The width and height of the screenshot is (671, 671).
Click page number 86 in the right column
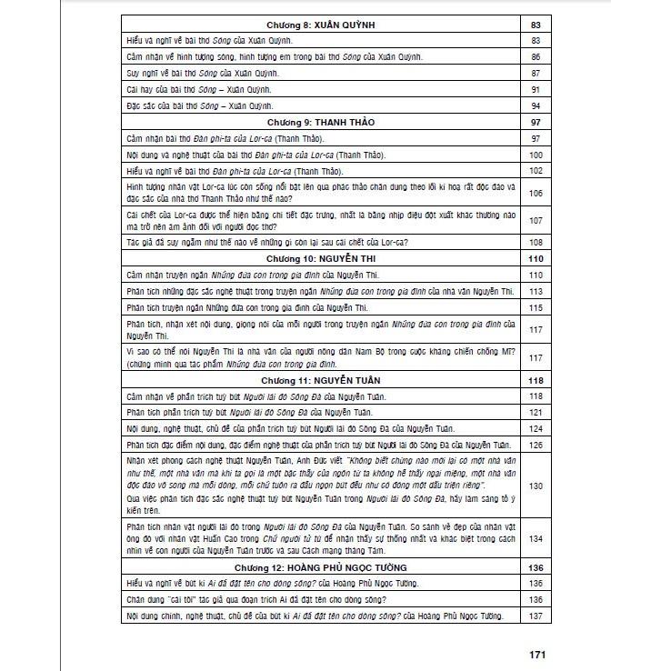535,57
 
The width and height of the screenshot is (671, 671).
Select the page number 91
535,89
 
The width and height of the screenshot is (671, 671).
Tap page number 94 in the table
535,105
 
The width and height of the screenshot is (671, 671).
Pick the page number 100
535,154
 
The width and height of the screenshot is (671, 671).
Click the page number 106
535,193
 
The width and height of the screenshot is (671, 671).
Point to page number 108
535,243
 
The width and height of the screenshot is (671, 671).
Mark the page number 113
535,291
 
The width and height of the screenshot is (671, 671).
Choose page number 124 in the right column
535,428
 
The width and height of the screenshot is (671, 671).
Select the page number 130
535,486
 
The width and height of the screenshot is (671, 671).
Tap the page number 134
535,538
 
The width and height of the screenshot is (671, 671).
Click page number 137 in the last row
535,616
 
